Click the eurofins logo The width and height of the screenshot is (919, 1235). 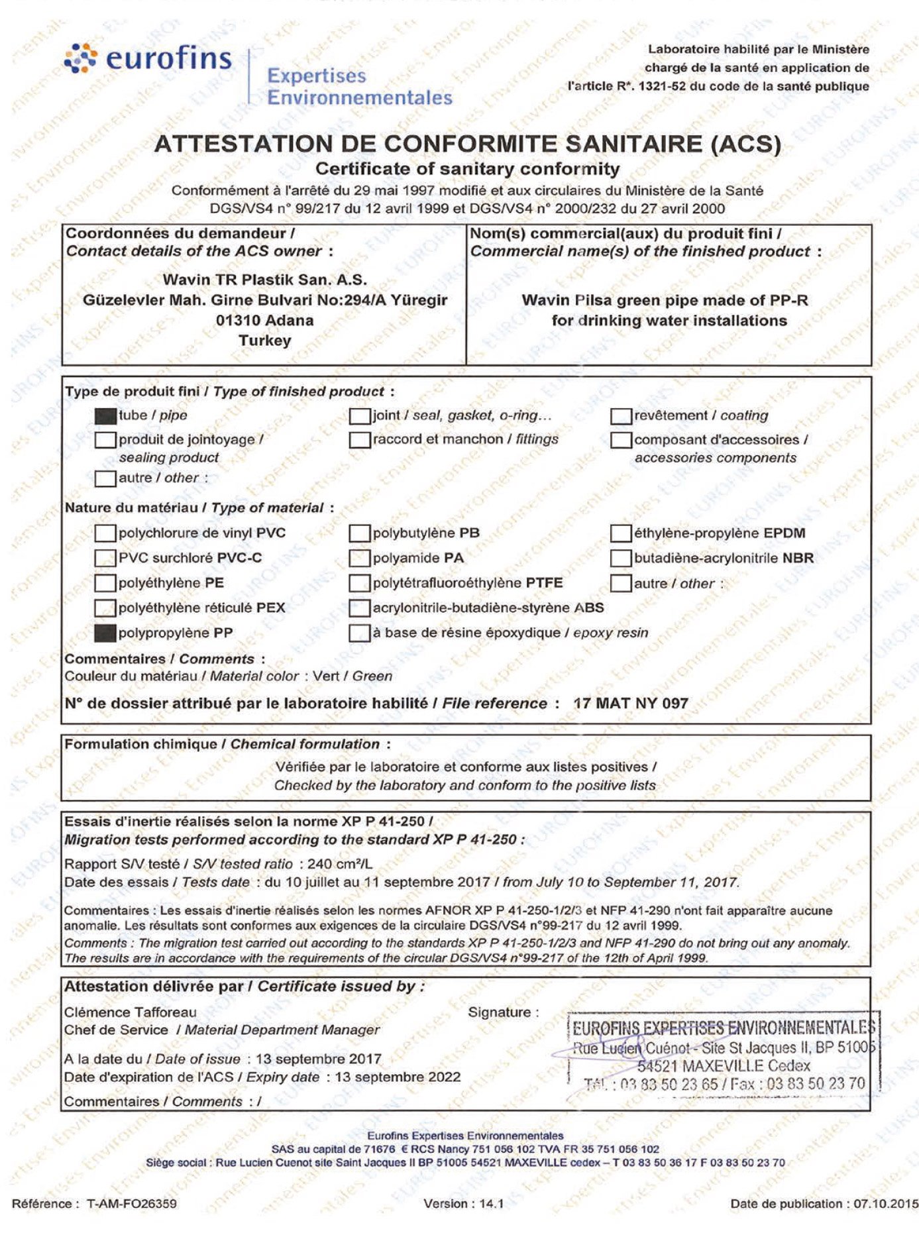click(x=149, y=58)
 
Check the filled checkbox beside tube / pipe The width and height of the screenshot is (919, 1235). click(x=105, y=416)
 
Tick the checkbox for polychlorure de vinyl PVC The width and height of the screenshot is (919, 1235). click(x=105, y=533)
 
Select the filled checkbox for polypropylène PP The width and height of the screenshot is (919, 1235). click(x=105, y=633)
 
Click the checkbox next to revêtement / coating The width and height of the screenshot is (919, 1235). click(x=621, y=416)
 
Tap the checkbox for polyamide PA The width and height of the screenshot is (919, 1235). click(x=359, y=559)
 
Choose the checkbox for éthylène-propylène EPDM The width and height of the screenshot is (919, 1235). click(x=621, y=533)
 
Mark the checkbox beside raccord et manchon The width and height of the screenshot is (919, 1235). click(x=359, y=440)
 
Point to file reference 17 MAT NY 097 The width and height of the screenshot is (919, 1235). click(x=631, y=704)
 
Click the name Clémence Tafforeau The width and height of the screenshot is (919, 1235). click(x=131, y=1012)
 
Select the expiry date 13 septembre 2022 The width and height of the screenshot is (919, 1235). click(x=398, y=1077)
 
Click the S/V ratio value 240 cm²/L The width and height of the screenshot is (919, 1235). click(x=339, y=864)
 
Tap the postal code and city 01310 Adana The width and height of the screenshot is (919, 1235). click(x=264, y=321)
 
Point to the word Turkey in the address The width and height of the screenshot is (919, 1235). click(x=264, y=341)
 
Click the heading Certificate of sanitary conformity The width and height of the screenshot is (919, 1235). click(x=467, y=169)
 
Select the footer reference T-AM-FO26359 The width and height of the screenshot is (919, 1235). click(x=132, y=1204)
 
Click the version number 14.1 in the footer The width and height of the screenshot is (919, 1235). click(x=491, y=1204)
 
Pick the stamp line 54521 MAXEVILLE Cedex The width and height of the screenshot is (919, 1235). click(x=724, y=1066)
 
